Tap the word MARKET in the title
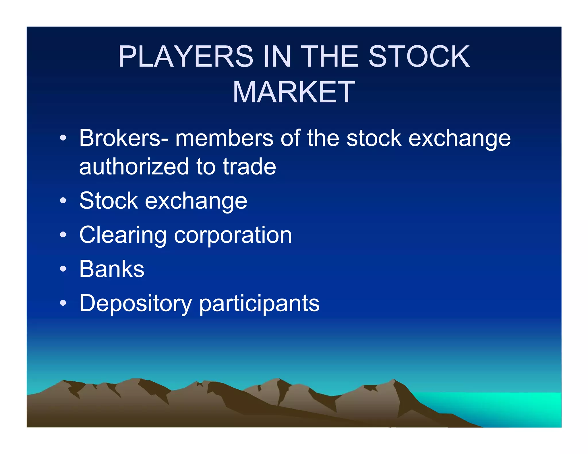pos(294,92)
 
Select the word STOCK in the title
pos(419,57)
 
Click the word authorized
pos(134,167)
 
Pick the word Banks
pos(112,269)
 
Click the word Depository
pos(136,304)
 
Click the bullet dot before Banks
pos(63,269)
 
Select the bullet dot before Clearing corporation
pos(63,235)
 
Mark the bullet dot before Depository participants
pos(63,303)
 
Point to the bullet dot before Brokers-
pos(63,138)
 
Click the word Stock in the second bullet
pos(109,201)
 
